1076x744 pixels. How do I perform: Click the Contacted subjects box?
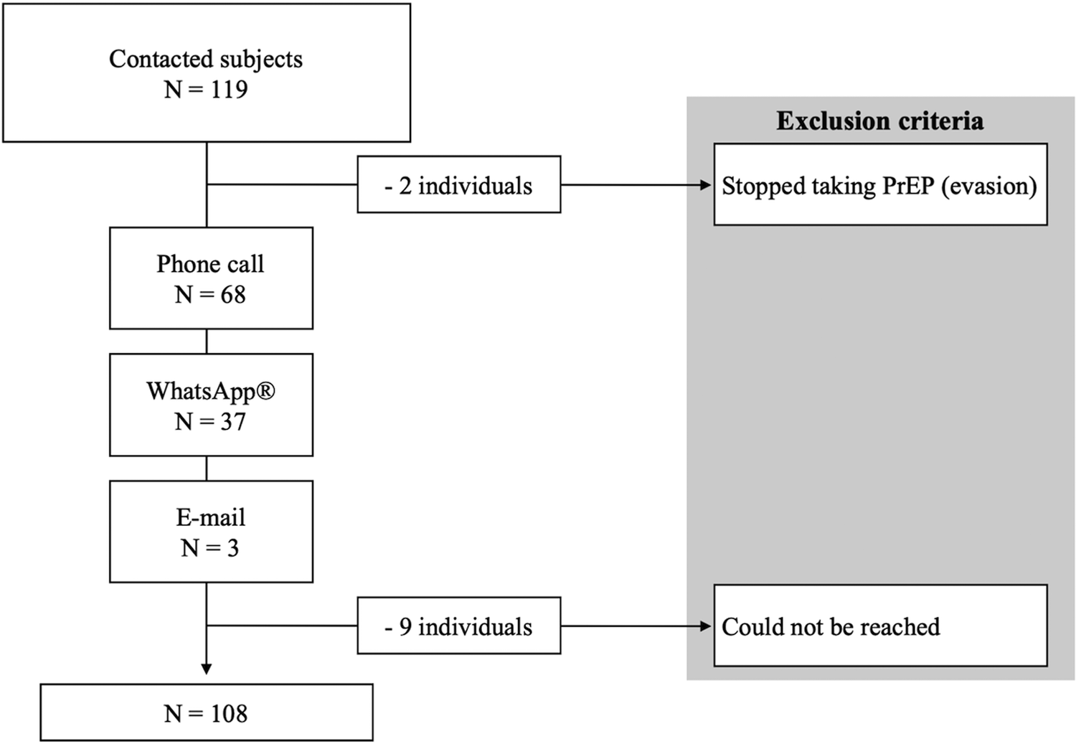point(207,73)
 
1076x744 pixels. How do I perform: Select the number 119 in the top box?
point(229,90)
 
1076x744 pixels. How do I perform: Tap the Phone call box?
point(211,278)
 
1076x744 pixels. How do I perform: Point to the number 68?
point(232,295)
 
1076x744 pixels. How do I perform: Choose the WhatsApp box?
point(211,405)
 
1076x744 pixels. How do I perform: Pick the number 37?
point(232,422)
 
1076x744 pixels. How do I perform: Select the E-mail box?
point(211,532)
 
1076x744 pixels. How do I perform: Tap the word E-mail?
point(211,517)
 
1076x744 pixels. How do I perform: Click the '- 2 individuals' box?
point(459,185)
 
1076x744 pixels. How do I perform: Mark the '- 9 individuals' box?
point(459,626)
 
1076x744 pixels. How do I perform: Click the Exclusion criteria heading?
point(879,121)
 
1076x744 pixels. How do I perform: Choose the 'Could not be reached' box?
point(880,626)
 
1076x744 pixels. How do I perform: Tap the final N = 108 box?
point(207,712)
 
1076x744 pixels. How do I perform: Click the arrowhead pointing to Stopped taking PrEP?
point(706,185)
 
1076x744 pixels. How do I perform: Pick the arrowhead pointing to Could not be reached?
point(706,626)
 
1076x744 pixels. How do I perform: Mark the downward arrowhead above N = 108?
point(207,669)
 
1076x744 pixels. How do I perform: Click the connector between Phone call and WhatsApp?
point(207,342)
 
